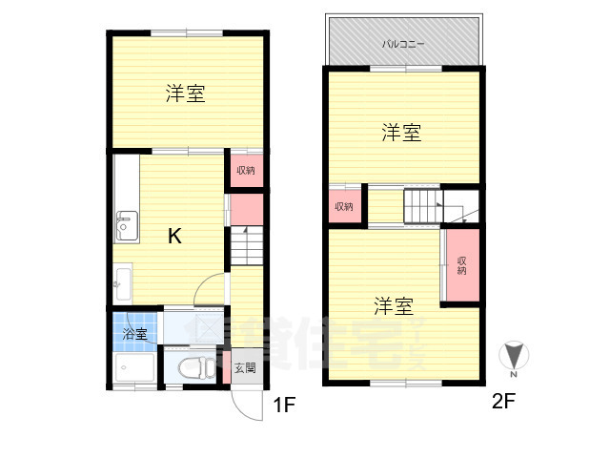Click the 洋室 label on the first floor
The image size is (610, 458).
(185, 94)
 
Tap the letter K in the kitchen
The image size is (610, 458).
(175, 237)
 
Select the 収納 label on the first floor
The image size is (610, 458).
(246, 171)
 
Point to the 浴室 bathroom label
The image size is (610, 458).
(134, 334)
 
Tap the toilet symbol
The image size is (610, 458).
(193, 366)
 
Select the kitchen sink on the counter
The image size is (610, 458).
(125, 226)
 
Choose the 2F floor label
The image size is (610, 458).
(503, 402)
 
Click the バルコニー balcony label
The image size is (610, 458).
(403, 44)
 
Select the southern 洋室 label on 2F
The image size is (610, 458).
(393, 306)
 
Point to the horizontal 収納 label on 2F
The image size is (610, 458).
(343, 207)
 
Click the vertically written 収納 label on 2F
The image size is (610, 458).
(461, 265)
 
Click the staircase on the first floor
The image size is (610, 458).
(245, 247)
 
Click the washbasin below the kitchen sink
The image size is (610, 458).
(122, 281)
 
